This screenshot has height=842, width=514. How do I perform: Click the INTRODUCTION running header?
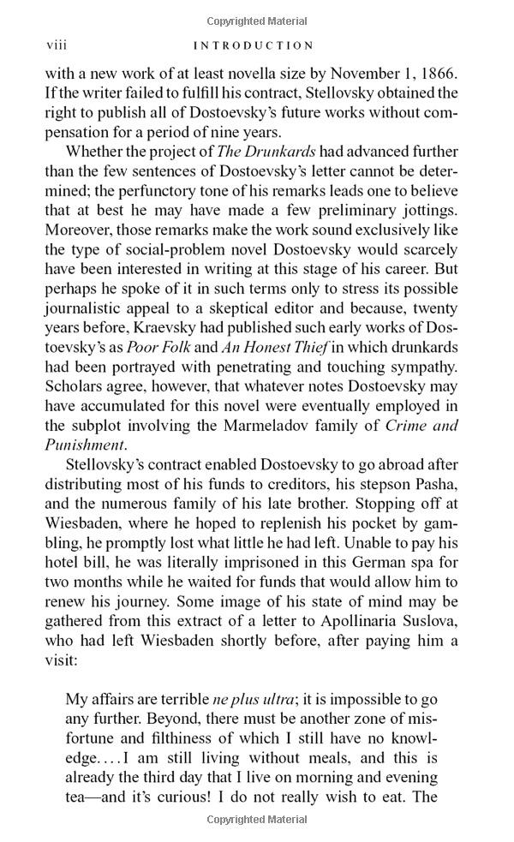click(254, 45)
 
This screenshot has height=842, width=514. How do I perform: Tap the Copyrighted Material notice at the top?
click(257, 21)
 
